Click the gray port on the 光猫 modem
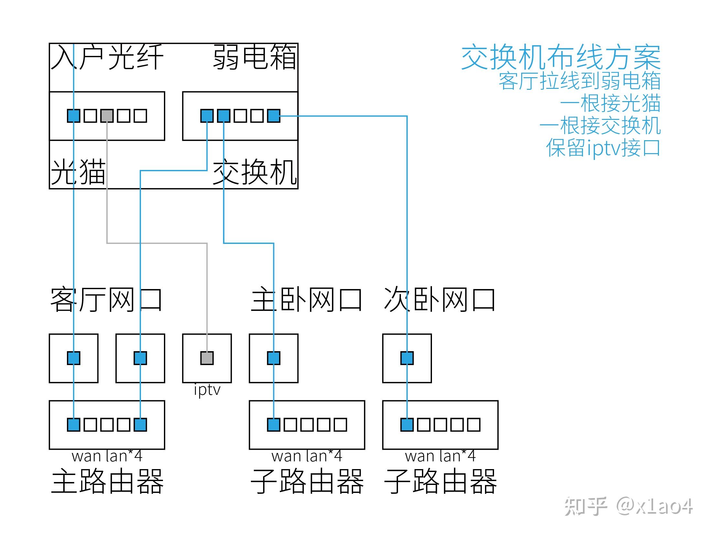(x=107, y=116)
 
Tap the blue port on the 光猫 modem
(x=74, y=116)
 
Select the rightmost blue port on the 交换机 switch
(x=274, y=116)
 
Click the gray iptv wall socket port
(x=207, y=358)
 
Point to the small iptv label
(x=207, y=390)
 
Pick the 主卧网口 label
(x=306, y=300)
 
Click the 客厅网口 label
(x=106, y=300)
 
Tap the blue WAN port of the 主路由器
(x=74, y=425)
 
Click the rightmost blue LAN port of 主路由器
(x=140, y=425)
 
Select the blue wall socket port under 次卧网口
(x=407, y=358)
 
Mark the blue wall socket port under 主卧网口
(x=274, y=358)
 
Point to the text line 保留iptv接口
(x=603, y=148)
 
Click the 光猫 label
(x=78, y=172)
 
